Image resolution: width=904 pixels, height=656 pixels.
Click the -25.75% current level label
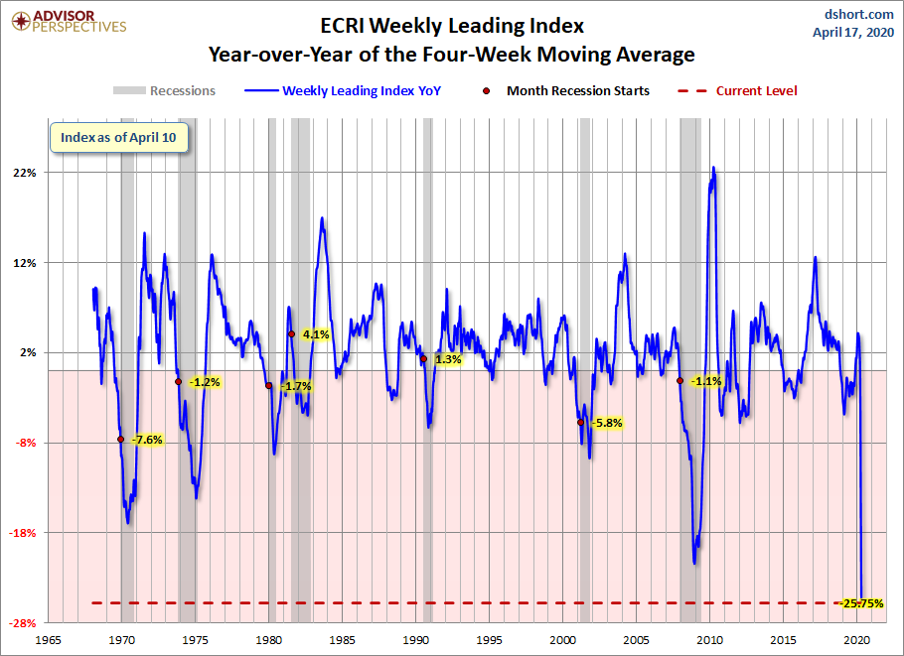click(861, 603)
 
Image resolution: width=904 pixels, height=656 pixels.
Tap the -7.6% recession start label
click(147, 440)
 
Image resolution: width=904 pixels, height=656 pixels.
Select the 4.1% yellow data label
click(316, 334)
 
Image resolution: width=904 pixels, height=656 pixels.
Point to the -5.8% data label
click(607, 423)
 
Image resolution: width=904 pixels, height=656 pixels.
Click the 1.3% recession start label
click(448, 359)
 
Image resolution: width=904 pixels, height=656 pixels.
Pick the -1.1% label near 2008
click(705, 381)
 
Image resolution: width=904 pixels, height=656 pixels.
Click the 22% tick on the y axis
click(24, 173)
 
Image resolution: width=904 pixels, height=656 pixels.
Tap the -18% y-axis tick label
click(23, 533)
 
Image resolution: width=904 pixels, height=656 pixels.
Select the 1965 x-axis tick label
click(49, 639)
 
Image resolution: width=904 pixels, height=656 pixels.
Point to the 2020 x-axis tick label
click(857, 639)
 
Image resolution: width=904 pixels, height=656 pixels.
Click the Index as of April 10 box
click(118, 138)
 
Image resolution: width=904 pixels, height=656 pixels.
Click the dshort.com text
click(860, 13)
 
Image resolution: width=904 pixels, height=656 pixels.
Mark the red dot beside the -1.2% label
click(178, 381)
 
